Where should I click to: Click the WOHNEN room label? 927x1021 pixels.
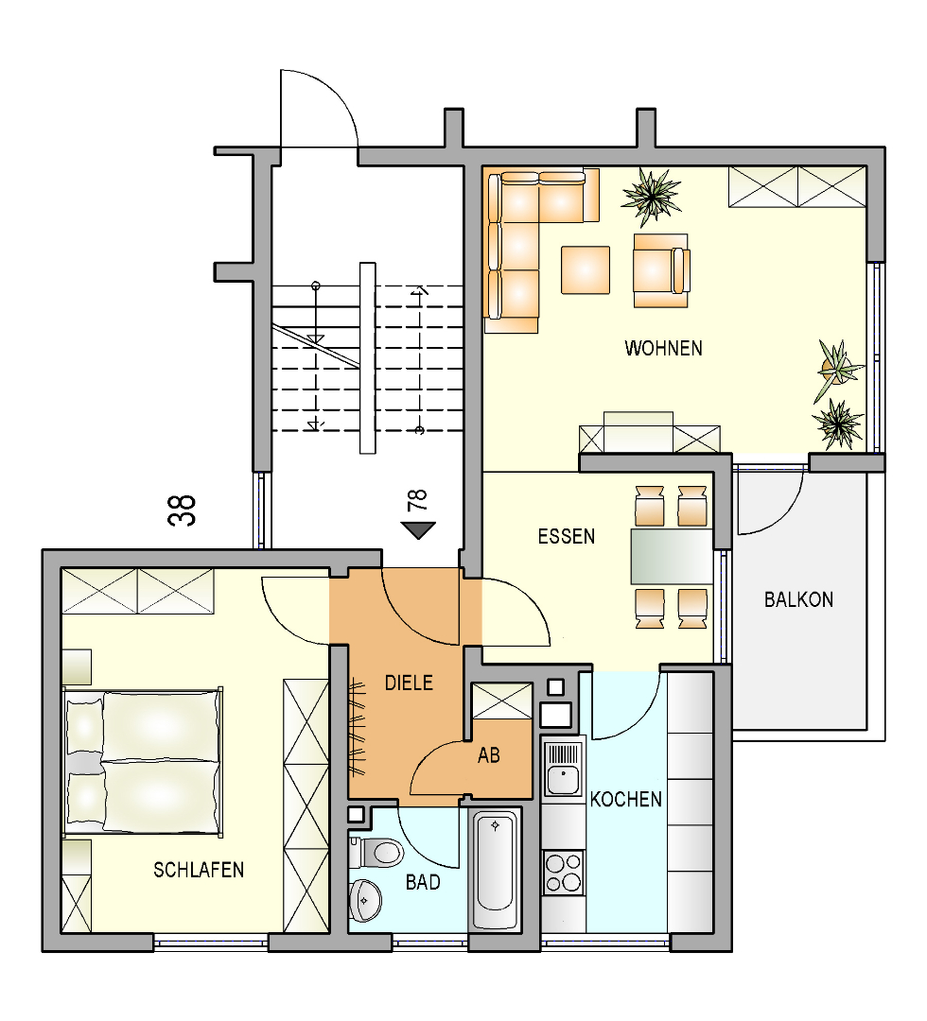(663, 348)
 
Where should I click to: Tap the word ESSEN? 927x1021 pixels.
(566, 537)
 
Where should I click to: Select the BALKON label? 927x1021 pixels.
(798, 599)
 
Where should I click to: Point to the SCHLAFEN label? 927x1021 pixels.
(199, 870)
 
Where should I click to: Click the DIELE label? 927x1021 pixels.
(409, 684)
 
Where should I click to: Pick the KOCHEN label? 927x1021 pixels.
(625, 800)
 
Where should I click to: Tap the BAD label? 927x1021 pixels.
(423, 882)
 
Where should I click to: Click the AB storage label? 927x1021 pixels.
(489, 755)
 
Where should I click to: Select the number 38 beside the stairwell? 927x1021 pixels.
(182, 510)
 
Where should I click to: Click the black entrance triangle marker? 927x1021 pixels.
(417, 530)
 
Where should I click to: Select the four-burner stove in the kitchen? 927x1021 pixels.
(564, 873)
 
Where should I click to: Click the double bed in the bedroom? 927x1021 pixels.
(143, 761)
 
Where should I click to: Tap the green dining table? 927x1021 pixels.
(672, 556)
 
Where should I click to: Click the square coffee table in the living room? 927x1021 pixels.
(586, 269)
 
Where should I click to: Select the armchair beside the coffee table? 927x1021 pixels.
(661, 270)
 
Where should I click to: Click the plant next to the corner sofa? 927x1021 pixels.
(651, 196)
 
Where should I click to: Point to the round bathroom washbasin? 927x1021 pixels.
(364, 901)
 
